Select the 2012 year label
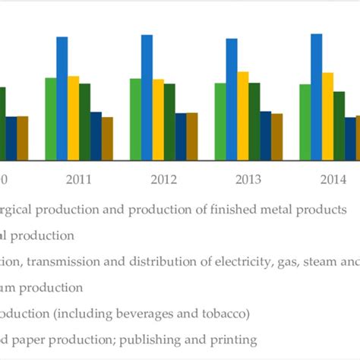click(x=164, y=180)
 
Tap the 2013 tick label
click(x=249, y=180)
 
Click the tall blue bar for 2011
click(x=62, y=99)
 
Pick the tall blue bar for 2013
click(x=232, y=99)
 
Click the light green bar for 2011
click(x=51, y=119)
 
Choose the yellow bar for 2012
click(x=158, y=120)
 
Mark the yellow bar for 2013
click(x=243, y=116)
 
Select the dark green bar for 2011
click(x=85, y=122)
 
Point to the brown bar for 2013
click(x=277, y=137)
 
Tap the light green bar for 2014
click(x=305, y=122)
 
